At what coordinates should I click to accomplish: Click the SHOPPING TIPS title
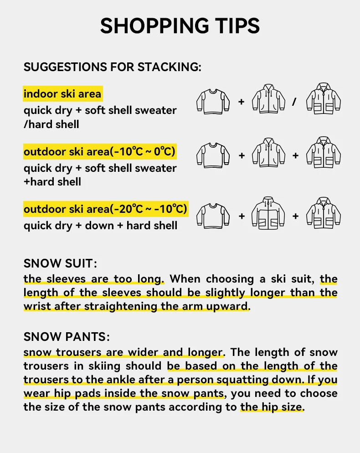[180, 26]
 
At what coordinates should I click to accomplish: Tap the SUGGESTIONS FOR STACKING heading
[112, 67]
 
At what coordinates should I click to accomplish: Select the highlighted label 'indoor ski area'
[62, 94]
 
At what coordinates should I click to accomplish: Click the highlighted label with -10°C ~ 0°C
[100, 152]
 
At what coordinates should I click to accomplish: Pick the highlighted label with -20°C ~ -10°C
[105, 209]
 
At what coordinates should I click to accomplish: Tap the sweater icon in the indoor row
[213, 101]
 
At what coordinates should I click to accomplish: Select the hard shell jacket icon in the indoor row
[324, 99]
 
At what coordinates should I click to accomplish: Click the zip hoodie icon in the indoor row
[268, 99]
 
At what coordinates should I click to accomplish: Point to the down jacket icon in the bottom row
[268, 214]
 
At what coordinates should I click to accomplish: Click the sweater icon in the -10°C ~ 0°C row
[213, 155]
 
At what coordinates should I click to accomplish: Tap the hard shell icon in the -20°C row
[324, 213]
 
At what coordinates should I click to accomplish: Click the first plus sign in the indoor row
[242, 102]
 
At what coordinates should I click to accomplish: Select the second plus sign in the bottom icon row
[295, 216]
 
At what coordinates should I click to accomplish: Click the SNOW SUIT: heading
[61, 263]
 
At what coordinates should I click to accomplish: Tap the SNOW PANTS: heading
[67, 337]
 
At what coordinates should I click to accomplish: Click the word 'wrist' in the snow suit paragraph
[37, 306]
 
